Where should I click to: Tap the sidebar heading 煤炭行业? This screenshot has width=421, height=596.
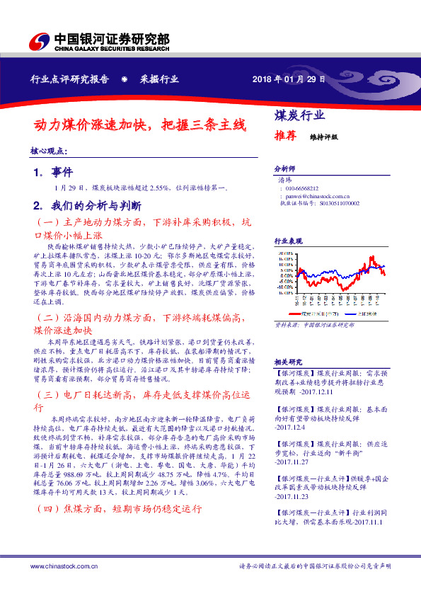tap(299, 115)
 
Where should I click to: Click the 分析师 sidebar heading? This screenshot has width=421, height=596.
tap(284, 170)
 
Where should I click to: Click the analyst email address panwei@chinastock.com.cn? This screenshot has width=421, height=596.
tap(319, 195)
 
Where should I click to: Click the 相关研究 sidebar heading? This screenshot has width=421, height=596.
tap(288, 360)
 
